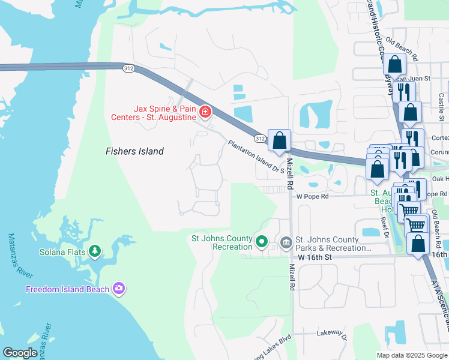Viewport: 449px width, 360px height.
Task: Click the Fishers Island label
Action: [x=134, y=151]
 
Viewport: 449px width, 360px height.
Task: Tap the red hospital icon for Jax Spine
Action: [x=205, y=112]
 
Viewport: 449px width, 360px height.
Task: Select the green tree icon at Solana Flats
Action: [x=94, y=251]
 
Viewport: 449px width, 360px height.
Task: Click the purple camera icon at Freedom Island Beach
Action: [x=119, y=289]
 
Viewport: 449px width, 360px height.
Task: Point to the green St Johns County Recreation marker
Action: [x=261, y=242]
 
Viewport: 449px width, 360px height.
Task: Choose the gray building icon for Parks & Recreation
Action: [x=286, y=242]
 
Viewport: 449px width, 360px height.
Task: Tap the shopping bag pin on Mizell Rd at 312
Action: [x=279, y=142]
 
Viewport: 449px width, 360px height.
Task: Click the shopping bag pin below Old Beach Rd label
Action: [x=396, y=65]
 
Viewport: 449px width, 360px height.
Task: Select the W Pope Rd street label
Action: [x=312, y=196]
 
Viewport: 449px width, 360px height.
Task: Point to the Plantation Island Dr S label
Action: [x=255, y=158]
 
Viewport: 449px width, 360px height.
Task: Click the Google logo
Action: [x=20, y=353]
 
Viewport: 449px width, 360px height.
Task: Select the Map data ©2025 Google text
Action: [x=411, y=355]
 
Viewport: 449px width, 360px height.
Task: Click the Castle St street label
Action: [x=441, y=96]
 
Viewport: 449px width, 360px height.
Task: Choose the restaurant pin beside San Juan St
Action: [x=403, y=92]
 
